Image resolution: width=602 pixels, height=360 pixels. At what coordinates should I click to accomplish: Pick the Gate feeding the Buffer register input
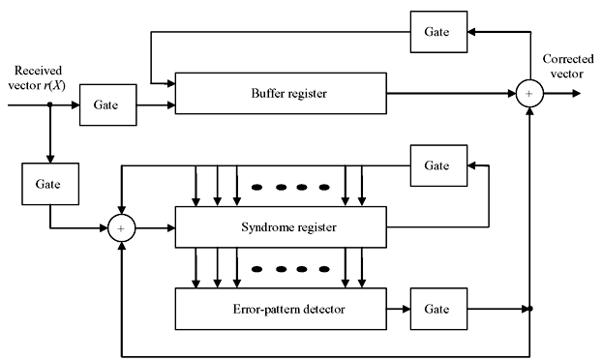pyautogui.click(x=108, y=105)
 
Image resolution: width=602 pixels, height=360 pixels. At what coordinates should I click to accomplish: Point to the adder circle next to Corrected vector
pyautogui.click(x=529, y=95)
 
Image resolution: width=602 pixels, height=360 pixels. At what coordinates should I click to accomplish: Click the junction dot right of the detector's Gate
pyautogui.click(x=529, y=310)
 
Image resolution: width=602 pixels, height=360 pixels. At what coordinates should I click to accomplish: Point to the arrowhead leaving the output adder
pyautogui.click(x=577, y=95)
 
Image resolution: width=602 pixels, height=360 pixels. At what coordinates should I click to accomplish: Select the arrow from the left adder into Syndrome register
pyautogui.click(x=155, y=228)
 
